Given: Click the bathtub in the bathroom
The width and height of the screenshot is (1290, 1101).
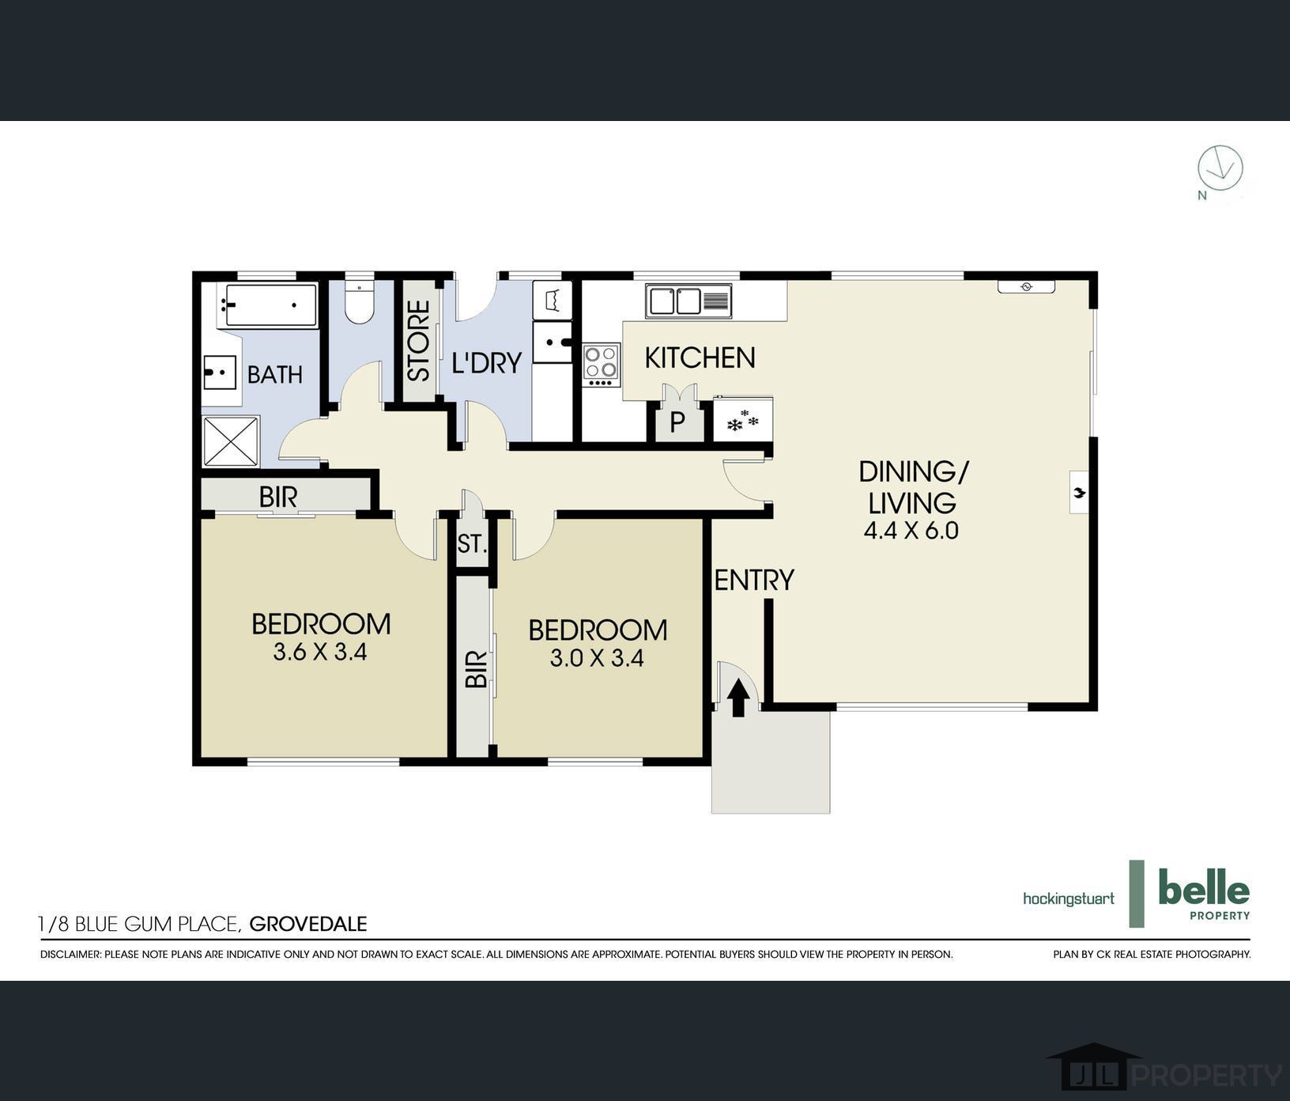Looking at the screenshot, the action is [270, 305].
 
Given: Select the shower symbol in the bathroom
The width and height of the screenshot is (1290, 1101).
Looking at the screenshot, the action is [231, 441].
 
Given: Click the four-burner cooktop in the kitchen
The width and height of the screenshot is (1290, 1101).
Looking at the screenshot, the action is [602, 365].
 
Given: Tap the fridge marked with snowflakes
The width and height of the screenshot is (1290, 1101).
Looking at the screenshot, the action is [742, 419].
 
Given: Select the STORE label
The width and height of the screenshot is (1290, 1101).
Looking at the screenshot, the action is [418, 340].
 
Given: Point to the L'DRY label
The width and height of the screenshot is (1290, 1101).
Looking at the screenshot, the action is [487, 363].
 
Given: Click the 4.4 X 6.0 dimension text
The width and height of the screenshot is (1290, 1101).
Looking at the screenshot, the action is [911, 531].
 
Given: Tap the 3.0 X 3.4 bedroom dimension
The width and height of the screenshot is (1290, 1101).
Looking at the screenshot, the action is [597, 658].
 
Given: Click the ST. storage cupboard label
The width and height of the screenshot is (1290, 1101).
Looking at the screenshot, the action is [472, 544].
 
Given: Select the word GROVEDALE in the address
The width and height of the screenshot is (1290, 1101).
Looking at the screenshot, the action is [308, 924].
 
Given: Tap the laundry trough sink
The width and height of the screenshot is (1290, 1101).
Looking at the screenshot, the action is [552, 342].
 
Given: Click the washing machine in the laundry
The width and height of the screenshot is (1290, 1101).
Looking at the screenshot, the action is [552, 300].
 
